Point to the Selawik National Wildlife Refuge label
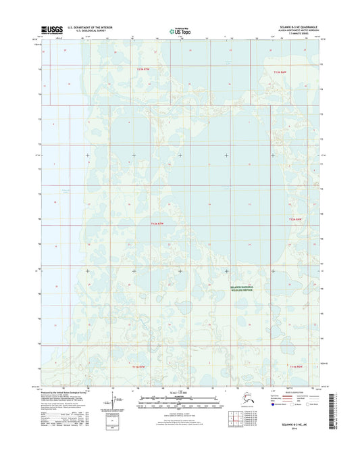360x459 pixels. (x=245, y=287)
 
